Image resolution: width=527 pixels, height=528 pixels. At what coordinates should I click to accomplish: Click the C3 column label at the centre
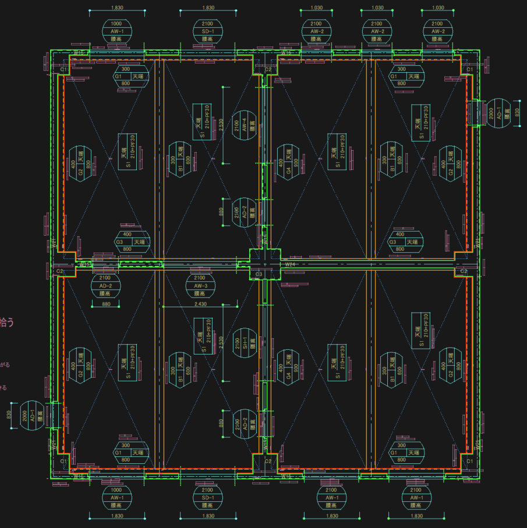(259, 274)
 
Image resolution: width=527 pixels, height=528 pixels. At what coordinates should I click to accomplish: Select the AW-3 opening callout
(201, 286)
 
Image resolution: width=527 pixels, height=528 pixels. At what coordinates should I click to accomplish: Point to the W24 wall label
(291, 265)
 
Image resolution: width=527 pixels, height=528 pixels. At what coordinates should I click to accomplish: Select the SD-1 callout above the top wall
(208, 31)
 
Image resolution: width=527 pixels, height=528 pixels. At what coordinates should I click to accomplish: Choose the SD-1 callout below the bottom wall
(208, 498)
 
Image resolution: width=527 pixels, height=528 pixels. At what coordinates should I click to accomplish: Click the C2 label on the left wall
(59, 272)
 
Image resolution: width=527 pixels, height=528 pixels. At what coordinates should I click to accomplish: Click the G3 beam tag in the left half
(118, 242)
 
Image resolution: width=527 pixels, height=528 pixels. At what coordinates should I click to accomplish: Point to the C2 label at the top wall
(268, 69)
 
